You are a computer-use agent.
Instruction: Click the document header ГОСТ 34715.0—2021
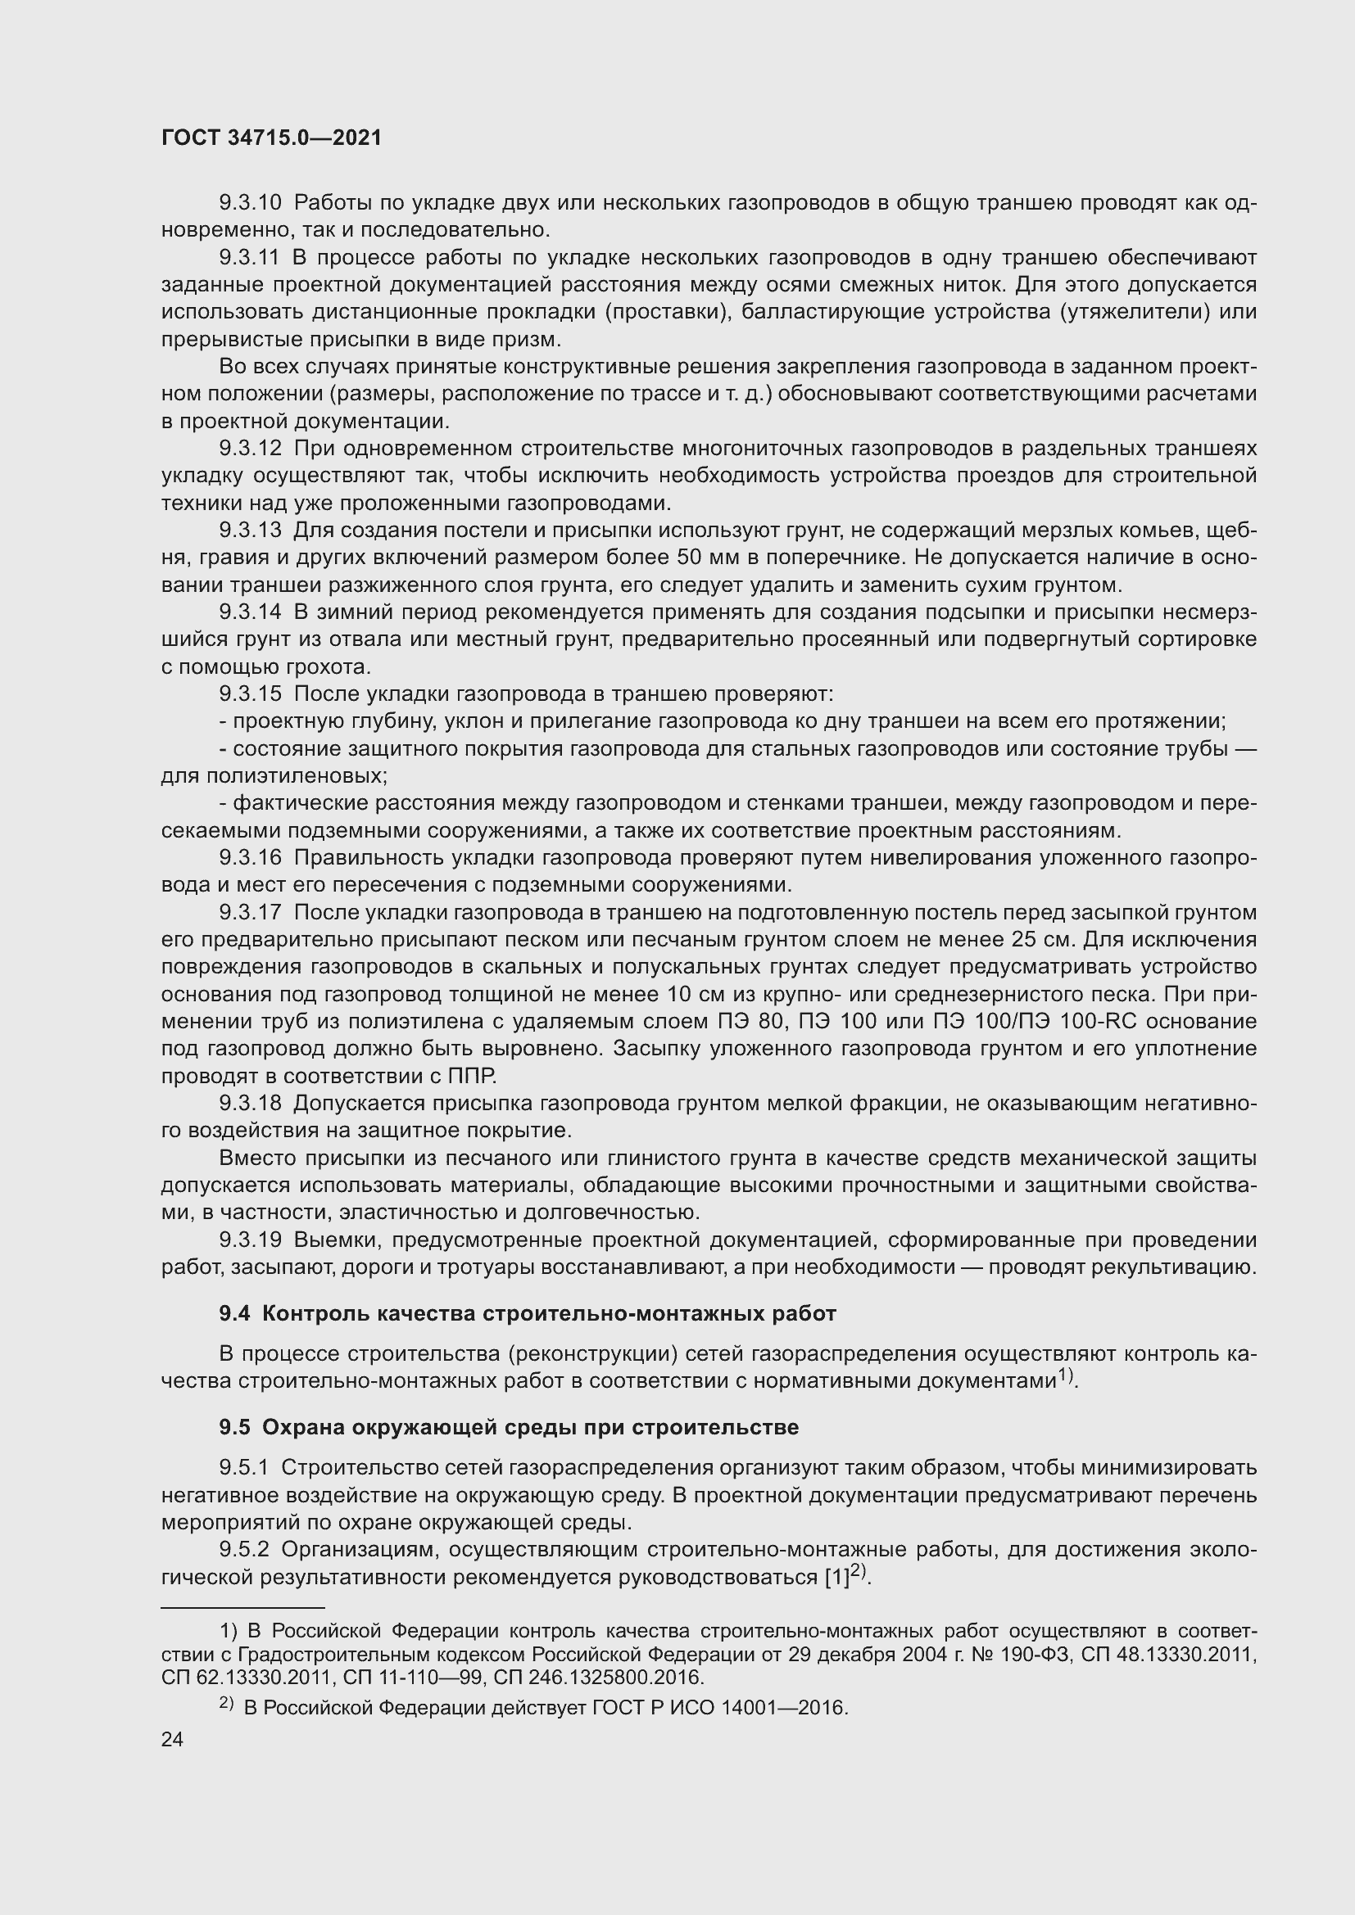(271, 138)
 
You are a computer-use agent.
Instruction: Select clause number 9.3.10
(251, 203)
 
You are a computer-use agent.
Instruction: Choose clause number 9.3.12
(251, 449)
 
